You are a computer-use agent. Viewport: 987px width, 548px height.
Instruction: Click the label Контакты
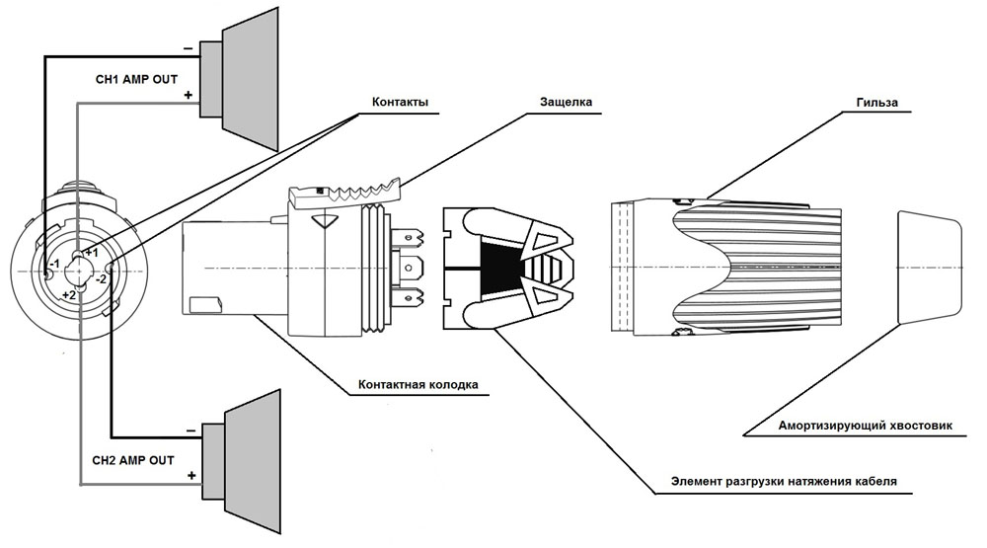[400, 102]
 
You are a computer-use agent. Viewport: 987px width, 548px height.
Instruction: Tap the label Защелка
[566, 102]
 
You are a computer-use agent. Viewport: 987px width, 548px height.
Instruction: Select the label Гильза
[876, 102]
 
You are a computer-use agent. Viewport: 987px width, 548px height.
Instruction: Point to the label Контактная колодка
[418, 384]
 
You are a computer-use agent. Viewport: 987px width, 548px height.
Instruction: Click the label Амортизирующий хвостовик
[865, 426]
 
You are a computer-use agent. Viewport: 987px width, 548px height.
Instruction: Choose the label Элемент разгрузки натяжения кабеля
[784, 481]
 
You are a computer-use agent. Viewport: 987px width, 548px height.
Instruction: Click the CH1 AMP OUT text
[136, 79]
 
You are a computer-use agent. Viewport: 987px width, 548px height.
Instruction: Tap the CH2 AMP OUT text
[133, 460]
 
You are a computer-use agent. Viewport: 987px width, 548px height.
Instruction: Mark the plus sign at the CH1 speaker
[188, 95]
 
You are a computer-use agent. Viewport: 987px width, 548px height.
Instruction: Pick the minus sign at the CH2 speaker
[191, 431]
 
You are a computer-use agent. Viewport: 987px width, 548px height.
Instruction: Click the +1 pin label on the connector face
[92, 253]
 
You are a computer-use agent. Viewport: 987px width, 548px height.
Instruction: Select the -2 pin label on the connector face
[102, 279]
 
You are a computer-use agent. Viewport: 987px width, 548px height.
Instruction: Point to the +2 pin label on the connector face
[69, 294]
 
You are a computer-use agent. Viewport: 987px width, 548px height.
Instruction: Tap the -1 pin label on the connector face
[55, 264]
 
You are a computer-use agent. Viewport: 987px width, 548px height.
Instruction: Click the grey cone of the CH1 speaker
[251, 79]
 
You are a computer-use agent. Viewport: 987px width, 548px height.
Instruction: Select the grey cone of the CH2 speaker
[253, 462]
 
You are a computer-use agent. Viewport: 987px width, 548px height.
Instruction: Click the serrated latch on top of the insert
[343, 194]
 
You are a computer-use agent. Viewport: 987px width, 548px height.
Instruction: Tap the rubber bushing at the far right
[930, 268]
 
